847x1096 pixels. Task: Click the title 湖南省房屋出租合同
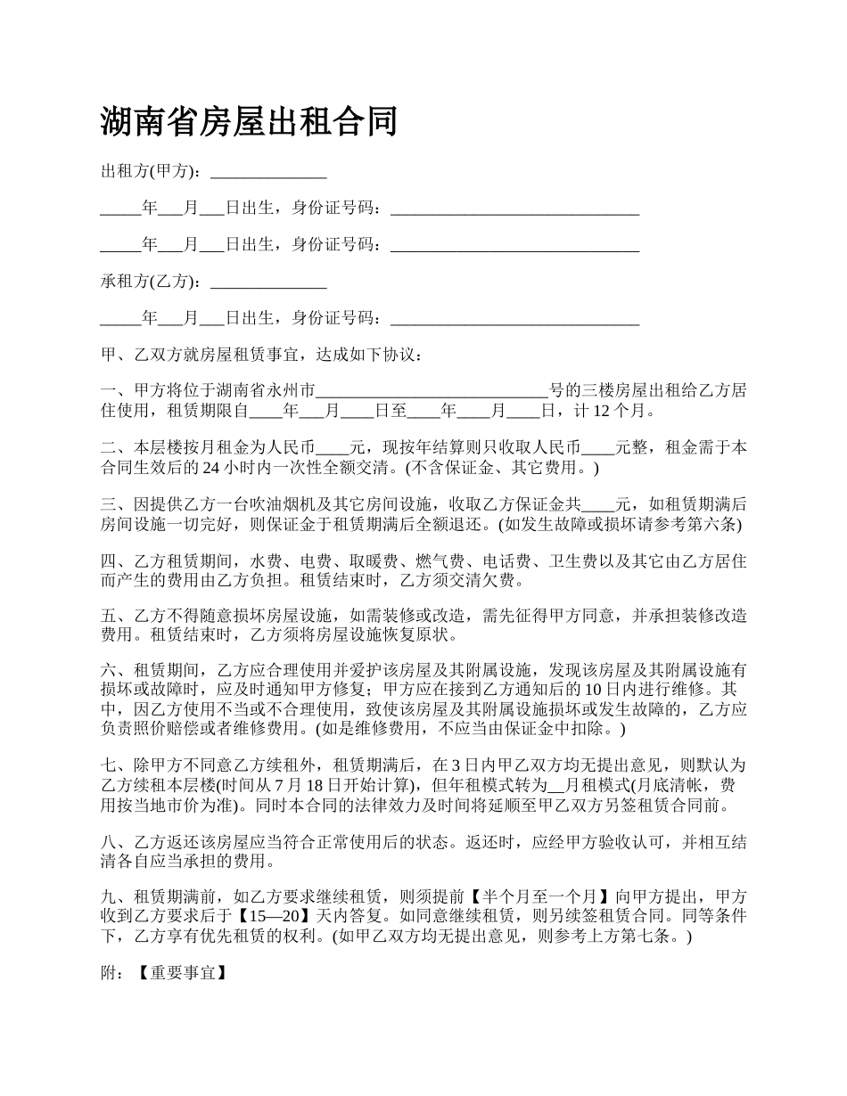tap(249, 122)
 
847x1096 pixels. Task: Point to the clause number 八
tap(109, 842)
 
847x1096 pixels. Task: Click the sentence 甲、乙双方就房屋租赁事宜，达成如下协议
tap(262, 355)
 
